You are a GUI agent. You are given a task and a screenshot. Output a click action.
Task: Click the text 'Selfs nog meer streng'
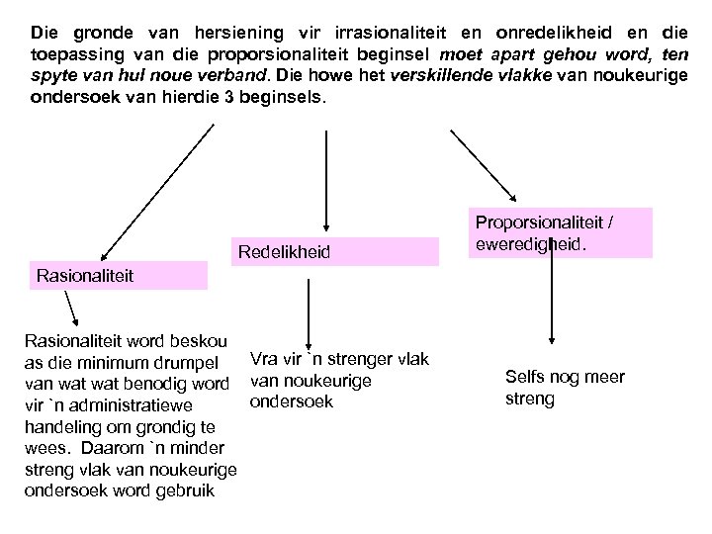click(x=551, y=388)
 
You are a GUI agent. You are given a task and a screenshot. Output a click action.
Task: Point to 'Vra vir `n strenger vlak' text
click(x=339, y=359)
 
